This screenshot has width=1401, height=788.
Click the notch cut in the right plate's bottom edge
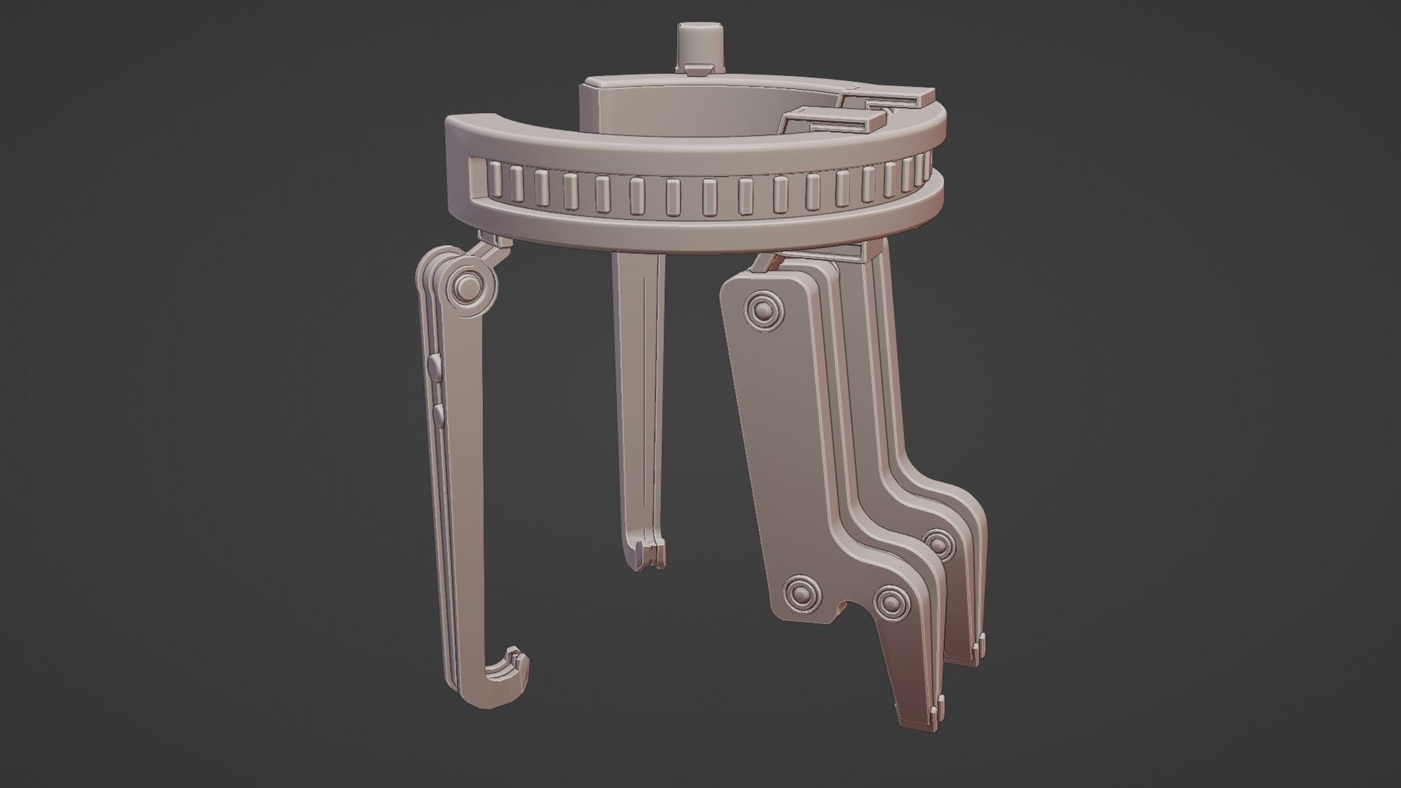pyautogui.click(x=850, y=609)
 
